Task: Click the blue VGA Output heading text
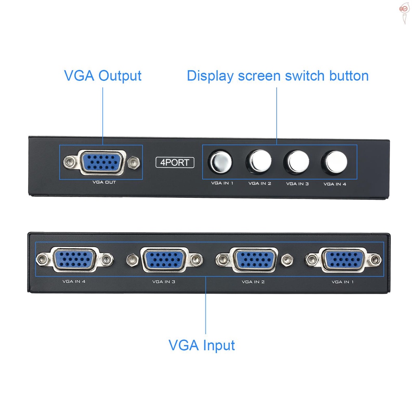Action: point(103,76)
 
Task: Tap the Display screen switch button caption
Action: point(277,76)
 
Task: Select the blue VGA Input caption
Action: point(201,345)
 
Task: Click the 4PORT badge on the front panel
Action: point(175,162)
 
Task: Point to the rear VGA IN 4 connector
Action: point(74,259)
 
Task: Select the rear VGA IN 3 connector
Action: point(164,259)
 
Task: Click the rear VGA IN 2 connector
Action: point(253,259)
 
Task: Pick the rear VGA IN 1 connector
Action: point(344,259)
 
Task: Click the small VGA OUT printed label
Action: point(104,182)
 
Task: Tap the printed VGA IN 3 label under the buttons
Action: point(297,184)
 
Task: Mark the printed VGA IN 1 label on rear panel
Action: point(342,282)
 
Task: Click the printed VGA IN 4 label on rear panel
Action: point(74,281)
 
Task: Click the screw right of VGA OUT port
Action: point(132,163)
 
